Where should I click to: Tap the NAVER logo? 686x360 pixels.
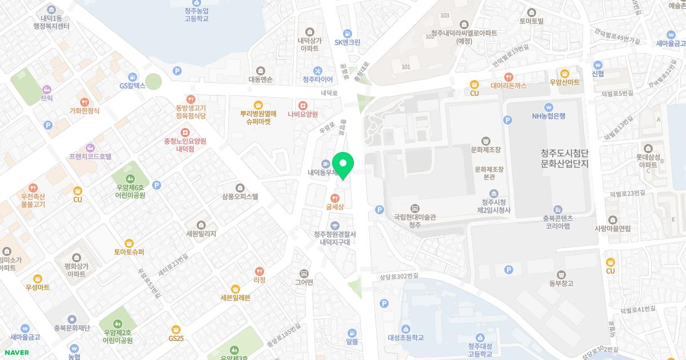tap(16, 353)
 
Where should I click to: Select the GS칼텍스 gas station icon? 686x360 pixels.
tap(133, 77)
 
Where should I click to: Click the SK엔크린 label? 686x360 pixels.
tap(347, 42)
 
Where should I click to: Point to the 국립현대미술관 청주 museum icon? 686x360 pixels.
tap(414, 208)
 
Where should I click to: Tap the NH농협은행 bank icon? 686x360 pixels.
tap(548, 106)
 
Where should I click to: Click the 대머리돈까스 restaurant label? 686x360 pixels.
tap(508, 86)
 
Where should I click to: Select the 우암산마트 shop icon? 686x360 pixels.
tap(564, 73)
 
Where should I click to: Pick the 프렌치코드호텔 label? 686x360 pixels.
tap(90, 156)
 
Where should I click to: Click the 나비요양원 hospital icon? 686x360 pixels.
tap(302, 105)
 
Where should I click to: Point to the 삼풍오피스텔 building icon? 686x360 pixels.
tap(240, 187)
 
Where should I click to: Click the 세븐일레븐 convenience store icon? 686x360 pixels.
tap(235, 289)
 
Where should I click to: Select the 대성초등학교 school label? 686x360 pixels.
tap(405, 337)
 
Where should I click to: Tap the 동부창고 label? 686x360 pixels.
tap(560, 283)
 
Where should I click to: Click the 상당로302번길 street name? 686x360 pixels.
tap(398, 277)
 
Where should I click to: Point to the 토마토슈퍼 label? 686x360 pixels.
tap(129, 252)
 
